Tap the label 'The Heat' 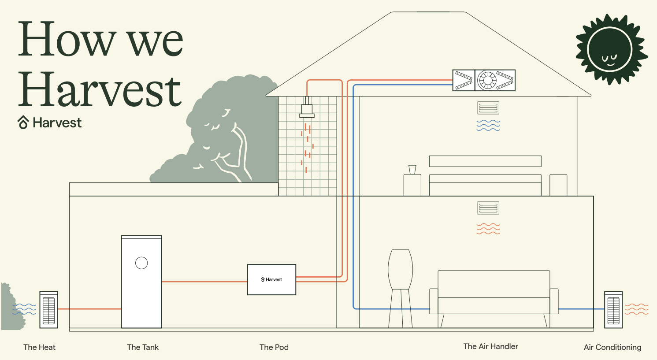39,347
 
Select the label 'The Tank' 142,347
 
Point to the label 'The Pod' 274,347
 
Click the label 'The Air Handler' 491,346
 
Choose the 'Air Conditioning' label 612,347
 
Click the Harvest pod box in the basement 271,280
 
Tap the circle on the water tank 141,263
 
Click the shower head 307,108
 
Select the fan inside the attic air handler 487,80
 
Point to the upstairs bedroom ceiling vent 488,108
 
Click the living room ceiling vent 488,208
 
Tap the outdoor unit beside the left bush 48,309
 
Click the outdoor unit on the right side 613,309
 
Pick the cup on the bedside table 412,170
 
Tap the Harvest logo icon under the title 23,122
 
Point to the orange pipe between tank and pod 204,282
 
